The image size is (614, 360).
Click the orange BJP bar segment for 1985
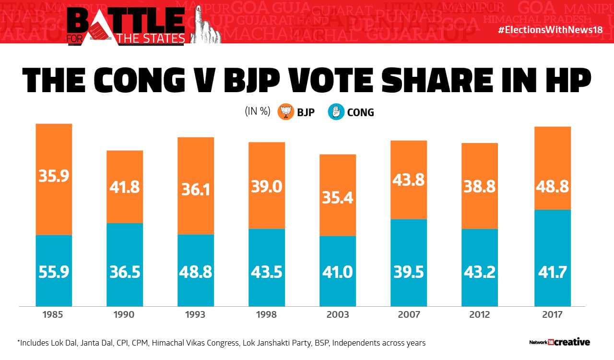pos(54,179)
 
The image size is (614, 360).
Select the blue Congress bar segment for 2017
pos(553,258)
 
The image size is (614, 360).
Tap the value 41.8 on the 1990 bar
pos(125,186)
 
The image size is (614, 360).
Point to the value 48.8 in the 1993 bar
pos(196,272)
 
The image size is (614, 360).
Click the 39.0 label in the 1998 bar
pos(267,186)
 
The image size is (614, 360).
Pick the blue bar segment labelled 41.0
pos(338,271)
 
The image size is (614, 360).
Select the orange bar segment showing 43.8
pos(409,180)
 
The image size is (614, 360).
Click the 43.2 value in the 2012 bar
pos(480,272)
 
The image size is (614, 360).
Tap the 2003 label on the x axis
pos(338,315)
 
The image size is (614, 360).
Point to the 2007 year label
pos(409,315)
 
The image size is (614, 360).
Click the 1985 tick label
pos(54,315)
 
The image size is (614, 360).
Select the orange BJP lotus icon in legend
pos(286,112)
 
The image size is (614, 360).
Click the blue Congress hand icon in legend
pos(336,112)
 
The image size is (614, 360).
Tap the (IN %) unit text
pos(258,112)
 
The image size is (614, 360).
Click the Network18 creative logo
pos(559,342)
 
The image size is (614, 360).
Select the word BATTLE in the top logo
pos(126,20)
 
